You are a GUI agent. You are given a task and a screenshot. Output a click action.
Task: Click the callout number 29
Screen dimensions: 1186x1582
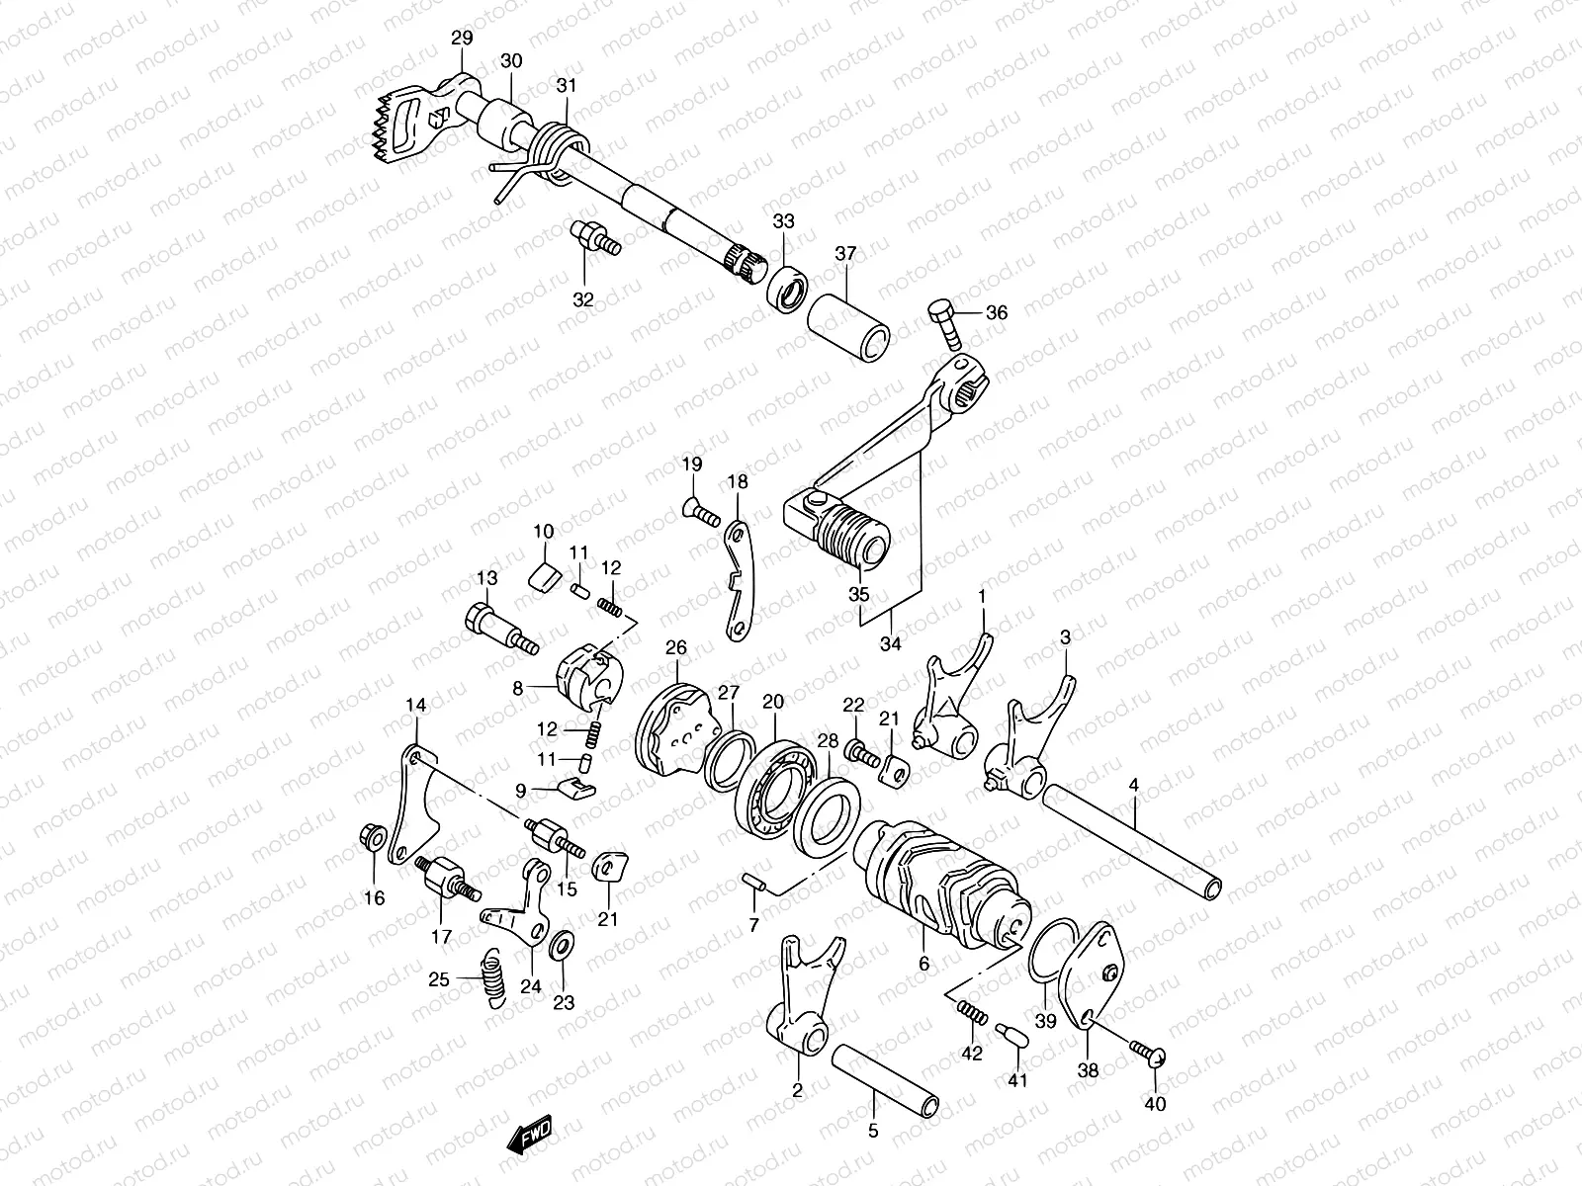pos(462,38)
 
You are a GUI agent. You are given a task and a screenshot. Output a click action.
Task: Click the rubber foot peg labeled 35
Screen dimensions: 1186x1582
pos(852,534)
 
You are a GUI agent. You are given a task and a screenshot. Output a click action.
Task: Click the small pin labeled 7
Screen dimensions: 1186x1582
pos(755,882)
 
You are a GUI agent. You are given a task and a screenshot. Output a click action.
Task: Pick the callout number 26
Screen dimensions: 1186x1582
pos(676,648)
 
